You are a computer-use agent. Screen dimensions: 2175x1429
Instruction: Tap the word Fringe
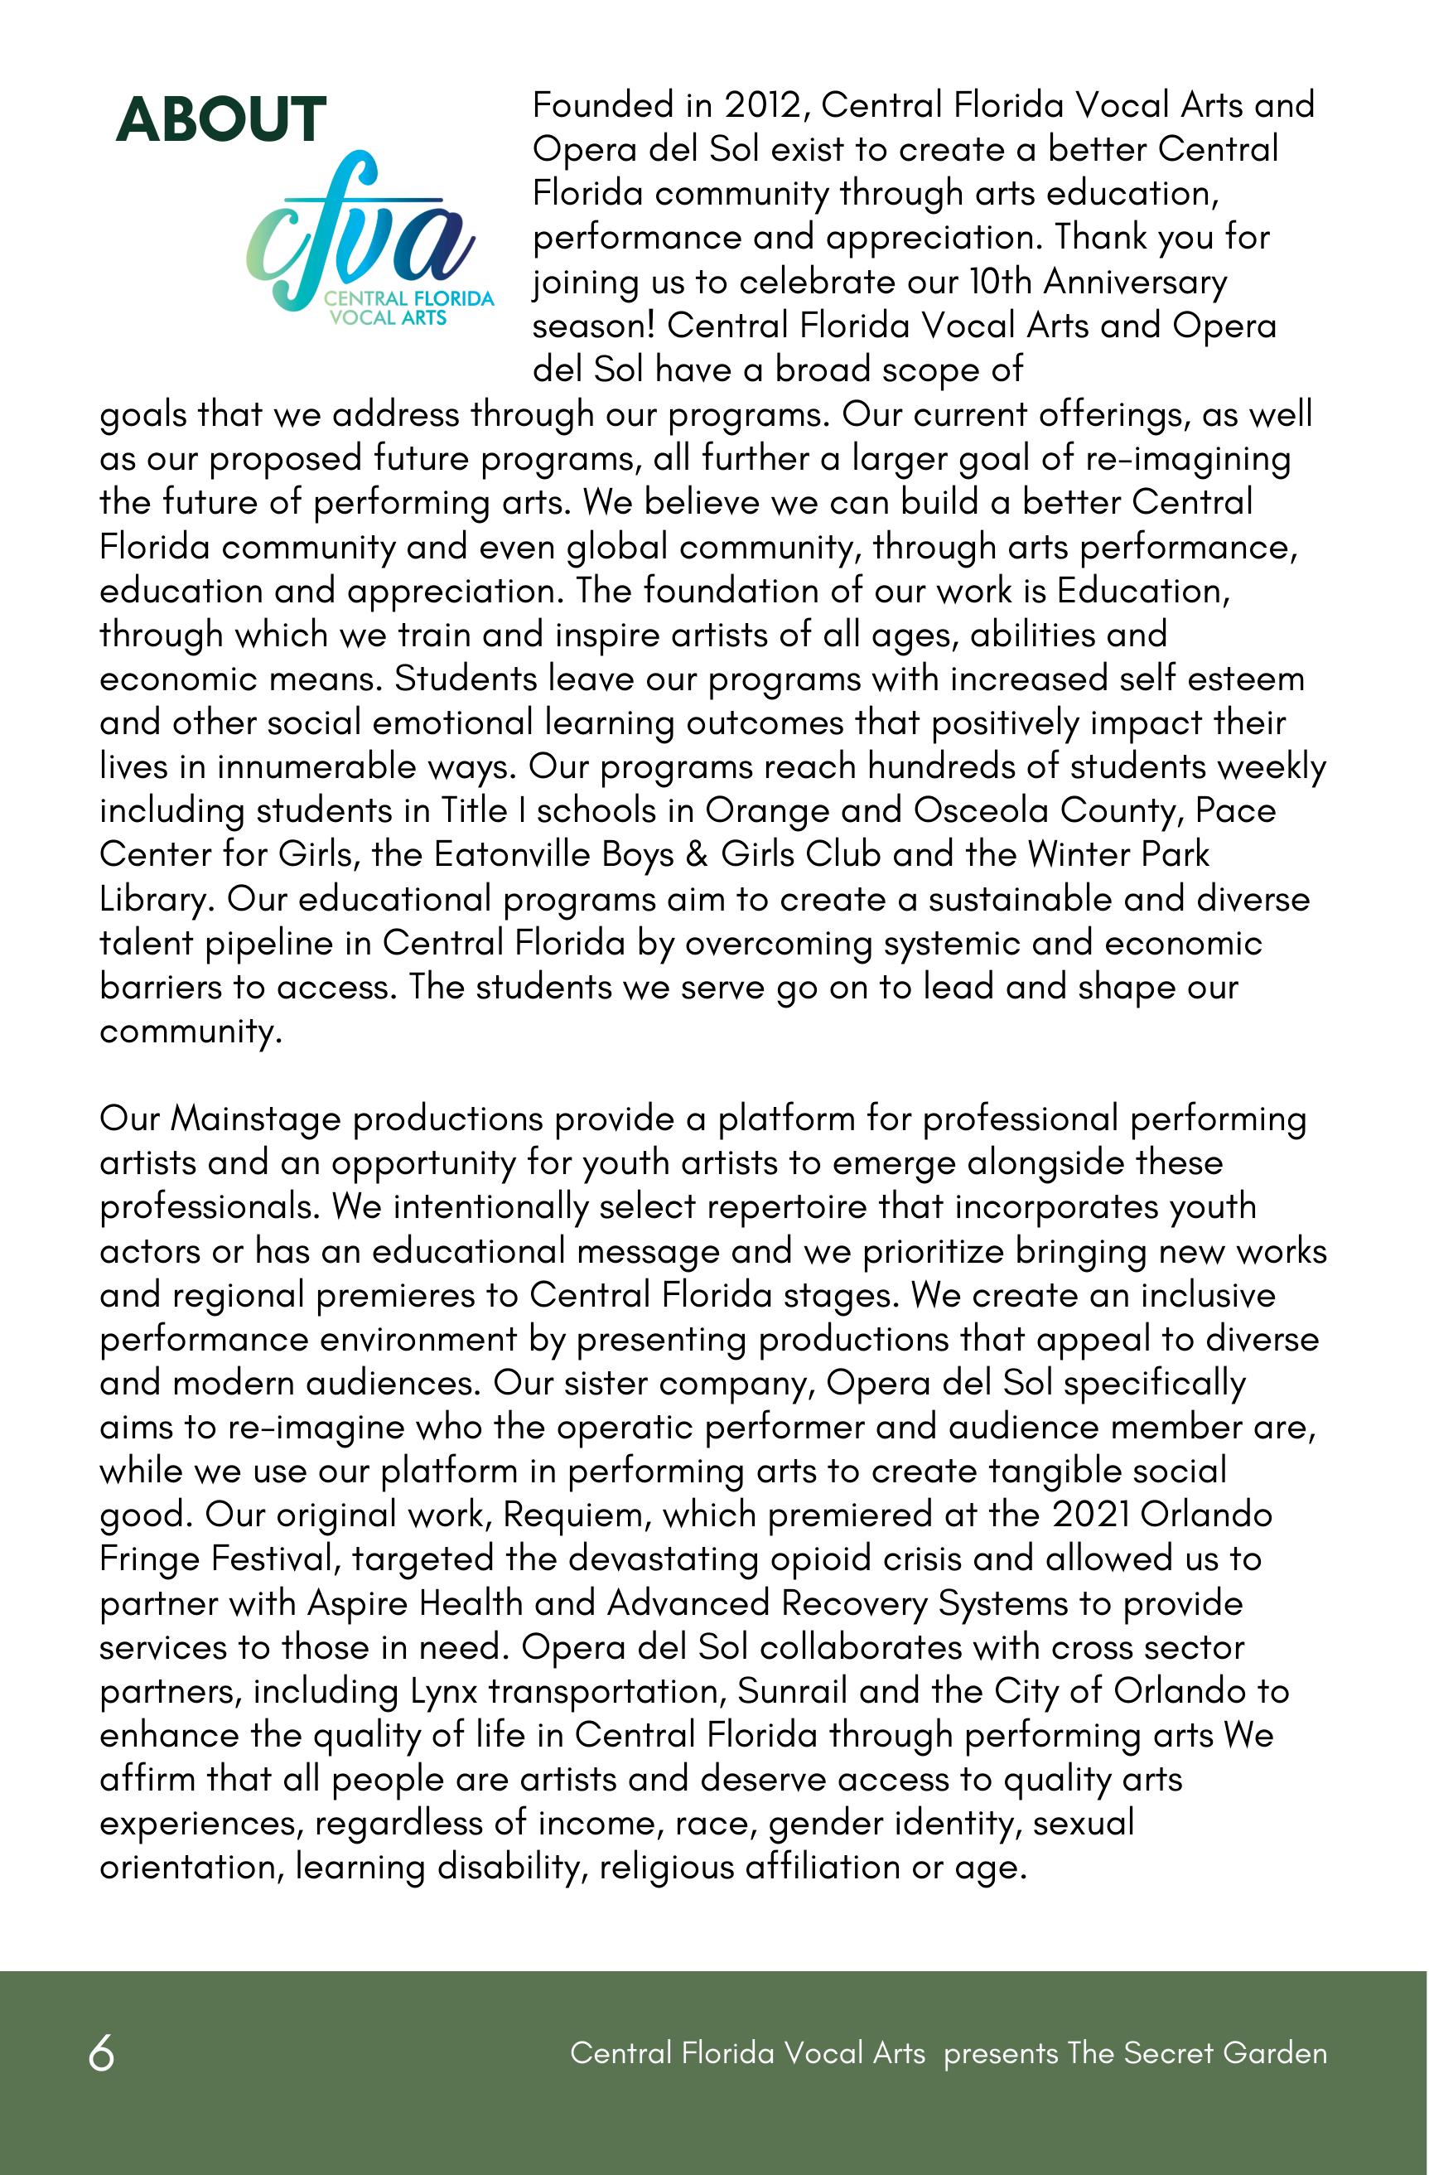click(x=148, y=1560)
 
